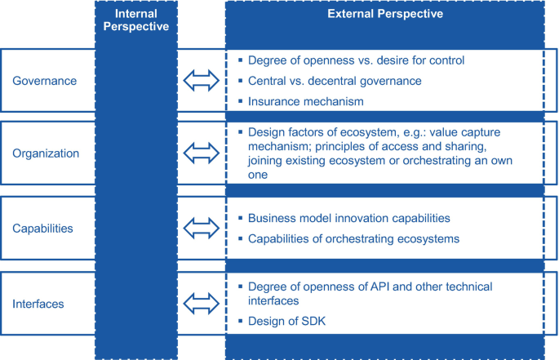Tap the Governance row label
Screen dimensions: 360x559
[x=44, y=81]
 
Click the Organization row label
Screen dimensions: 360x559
[x=47, y=152]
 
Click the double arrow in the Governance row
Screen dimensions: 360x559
[x=201, y=81]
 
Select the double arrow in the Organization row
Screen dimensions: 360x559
[x=201, y=152]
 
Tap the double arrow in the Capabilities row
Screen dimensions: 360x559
[x=201, y=229]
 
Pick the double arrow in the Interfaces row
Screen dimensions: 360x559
[x=201, y=304]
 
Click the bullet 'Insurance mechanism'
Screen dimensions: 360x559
[x=305, y=101]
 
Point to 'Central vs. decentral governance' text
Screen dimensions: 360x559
[x=334, y=81]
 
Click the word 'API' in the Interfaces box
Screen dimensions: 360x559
[x=388, y=286]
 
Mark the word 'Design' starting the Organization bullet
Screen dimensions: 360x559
[x=266, y=132]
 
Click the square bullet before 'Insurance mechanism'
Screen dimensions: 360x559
[x=240, y=101]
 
